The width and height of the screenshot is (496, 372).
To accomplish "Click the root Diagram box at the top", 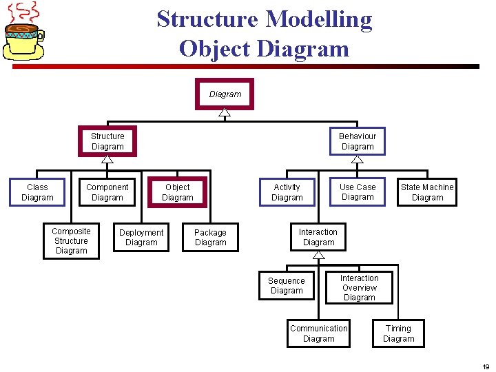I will click(x=225, y=94).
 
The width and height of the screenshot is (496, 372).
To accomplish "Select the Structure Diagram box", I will click(x=107, y=141).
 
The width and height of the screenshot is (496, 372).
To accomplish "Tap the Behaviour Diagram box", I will click(x=358, y=141).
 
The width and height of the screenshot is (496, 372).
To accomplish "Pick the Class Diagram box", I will click(x=37, y=192).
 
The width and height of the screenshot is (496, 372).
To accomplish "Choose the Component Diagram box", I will click(x=107, y=192).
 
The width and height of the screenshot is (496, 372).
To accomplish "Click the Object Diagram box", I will click(x=177, y=192).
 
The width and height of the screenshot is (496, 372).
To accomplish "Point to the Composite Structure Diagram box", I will click(x=71, y=241).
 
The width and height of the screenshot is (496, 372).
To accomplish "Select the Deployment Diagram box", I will click(x=141, y=238).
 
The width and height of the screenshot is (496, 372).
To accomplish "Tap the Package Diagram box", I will click(x=210, y=238).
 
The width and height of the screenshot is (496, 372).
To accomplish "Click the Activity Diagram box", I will click(x=287, y=192).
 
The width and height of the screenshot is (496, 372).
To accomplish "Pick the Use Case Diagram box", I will click(x=358, y=192).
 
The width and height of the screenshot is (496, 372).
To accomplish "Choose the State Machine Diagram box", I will click(x=427, y=192).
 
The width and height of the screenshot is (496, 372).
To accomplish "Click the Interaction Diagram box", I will click(x=318, y=237).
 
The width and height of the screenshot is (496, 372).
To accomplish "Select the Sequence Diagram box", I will click(x=287, y=285).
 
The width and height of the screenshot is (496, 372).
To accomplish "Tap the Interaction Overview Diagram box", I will click(x=359, y=288).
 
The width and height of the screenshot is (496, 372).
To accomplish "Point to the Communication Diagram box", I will click(x=318, y=333).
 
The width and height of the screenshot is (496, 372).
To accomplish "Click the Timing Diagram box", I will click(x=398, y=333).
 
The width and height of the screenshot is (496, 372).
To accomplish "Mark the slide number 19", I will click(x=486, y=366).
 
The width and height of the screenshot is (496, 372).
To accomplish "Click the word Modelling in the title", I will click(x=319, y=19).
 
